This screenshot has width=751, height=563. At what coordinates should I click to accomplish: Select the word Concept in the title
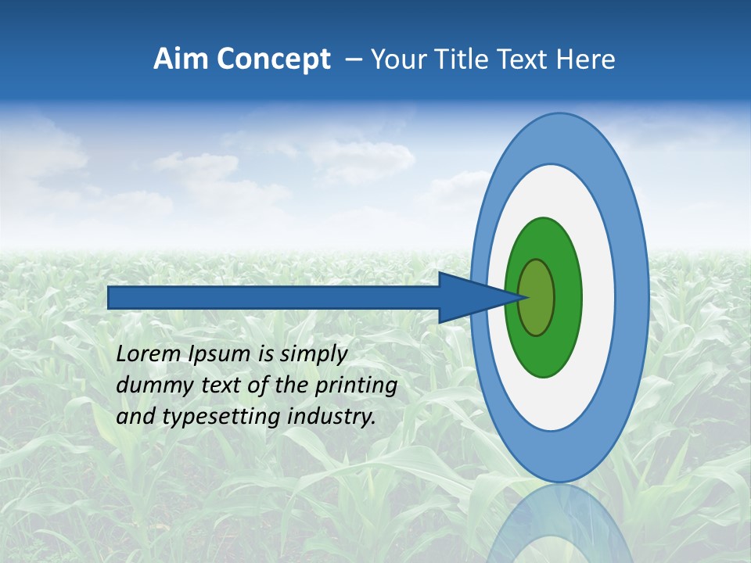click(273, 59)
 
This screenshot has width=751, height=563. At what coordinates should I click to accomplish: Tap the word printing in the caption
click(355, 386)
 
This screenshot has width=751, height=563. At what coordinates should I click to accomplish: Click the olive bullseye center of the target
click(537, 298)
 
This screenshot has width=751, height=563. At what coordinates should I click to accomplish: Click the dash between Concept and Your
click(353, 60)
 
